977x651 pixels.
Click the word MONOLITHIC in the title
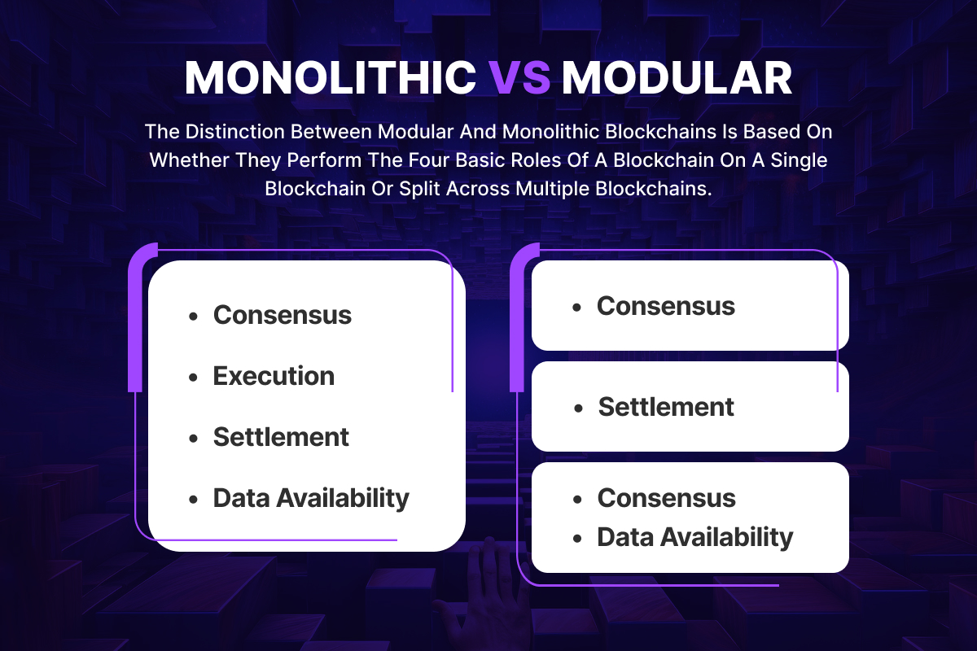tap(331, 79)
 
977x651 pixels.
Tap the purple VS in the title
tap(519, 79)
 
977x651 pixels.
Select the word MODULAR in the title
tap(677, 79)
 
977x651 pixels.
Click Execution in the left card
tap(274, 376)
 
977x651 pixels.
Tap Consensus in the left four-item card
tap(282, 315)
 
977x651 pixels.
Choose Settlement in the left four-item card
tap(281, 437)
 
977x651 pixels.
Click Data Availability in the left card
tap(311, 498)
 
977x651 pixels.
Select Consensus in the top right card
tap(665, 306)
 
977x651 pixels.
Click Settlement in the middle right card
tap(666, 407)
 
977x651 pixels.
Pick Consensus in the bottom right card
tap(666, 498)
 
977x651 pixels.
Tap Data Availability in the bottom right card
tap(694, 537)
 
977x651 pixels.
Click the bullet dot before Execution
tap(193, 378)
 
